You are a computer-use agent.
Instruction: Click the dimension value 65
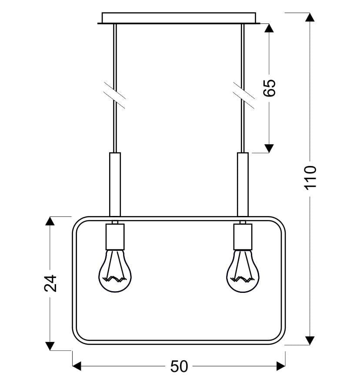click(x=269, y=88)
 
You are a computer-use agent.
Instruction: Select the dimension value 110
click(x=310, y=177)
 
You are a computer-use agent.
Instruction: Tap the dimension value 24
click(x=50, y=283)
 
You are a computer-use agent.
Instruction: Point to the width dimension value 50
click(x=179, y=366)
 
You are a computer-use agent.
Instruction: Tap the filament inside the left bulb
click(x=114, y=279)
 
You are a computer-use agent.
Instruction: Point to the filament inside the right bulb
click(x=242, y=279)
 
